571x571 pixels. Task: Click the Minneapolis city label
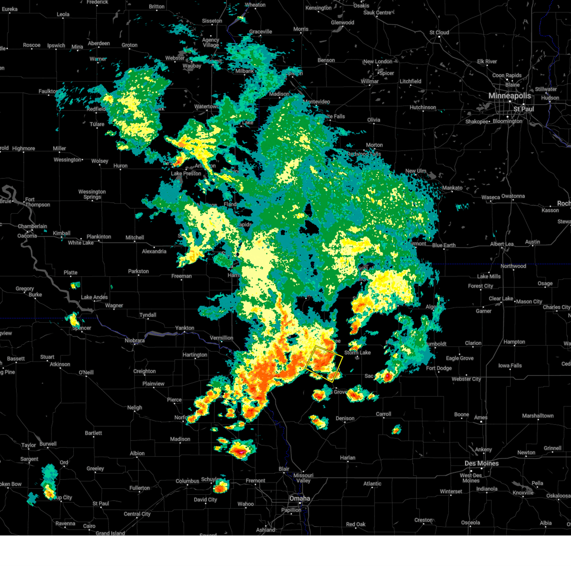point(509,96)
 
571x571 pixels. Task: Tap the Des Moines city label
point(482,463)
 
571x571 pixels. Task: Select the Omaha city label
point(299,499)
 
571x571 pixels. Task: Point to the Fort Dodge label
point(439,368)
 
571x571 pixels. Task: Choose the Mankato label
point(452,188)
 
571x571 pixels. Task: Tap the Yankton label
point(185,328)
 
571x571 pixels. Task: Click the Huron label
point(120,166)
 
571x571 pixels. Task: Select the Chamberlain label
point(32,226)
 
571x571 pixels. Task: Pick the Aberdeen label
point(99,43)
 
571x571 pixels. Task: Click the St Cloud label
point(439,33)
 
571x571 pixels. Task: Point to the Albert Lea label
point(502,244)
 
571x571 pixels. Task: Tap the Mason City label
point(529,302)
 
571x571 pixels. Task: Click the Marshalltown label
point(538,416)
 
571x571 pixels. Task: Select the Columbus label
point(187,481)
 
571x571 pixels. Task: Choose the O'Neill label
point(86,372)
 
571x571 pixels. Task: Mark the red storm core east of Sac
point(388,376)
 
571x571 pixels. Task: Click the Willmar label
point(370,81)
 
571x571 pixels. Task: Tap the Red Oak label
point(355,524)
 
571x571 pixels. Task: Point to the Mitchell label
point(135,237)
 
